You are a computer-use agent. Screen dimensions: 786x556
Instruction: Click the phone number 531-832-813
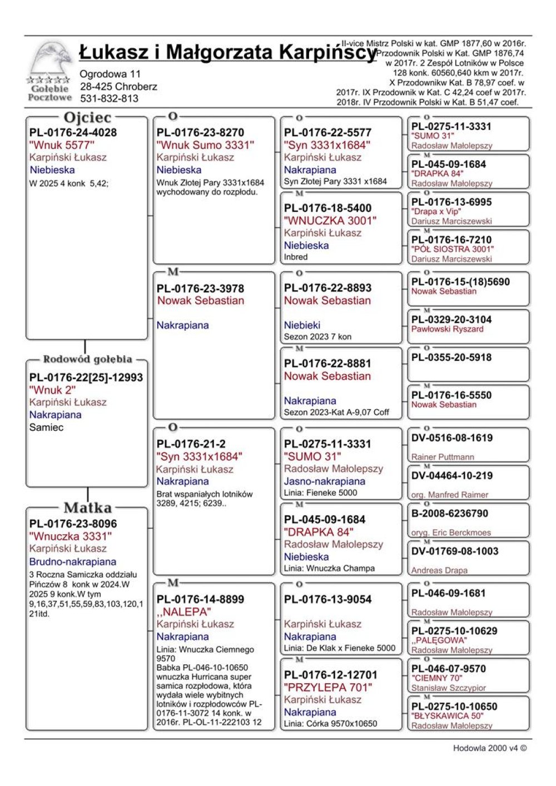coord(109,98)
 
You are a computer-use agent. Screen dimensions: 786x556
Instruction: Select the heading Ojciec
coord(87,118)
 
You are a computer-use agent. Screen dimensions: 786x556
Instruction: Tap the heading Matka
coord(87,508)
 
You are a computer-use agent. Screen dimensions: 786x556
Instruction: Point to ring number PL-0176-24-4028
coord(73,133)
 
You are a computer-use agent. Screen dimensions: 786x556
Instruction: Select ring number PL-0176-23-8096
coord(73,524)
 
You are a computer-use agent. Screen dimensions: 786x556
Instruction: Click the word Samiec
coord(46,427)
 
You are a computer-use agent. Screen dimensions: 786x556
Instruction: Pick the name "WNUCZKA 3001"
coord(330,221)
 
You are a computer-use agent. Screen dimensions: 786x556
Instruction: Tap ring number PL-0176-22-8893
coord(327,288)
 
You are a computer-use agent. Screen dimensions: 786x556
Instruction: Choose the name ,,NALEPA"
coord(184,611)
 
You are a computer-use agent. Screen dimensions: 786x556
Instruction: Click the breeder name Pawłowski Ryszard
coord(447,329)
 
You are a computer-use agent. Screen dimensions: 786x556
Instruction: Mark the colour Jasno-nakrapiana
coord(325,481)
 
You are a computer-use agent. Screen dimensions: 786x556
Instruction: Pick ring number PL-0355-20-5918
coord(451,357)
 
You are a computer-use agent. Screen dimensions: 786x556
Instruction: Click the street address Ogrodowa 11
coord(110,74)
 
